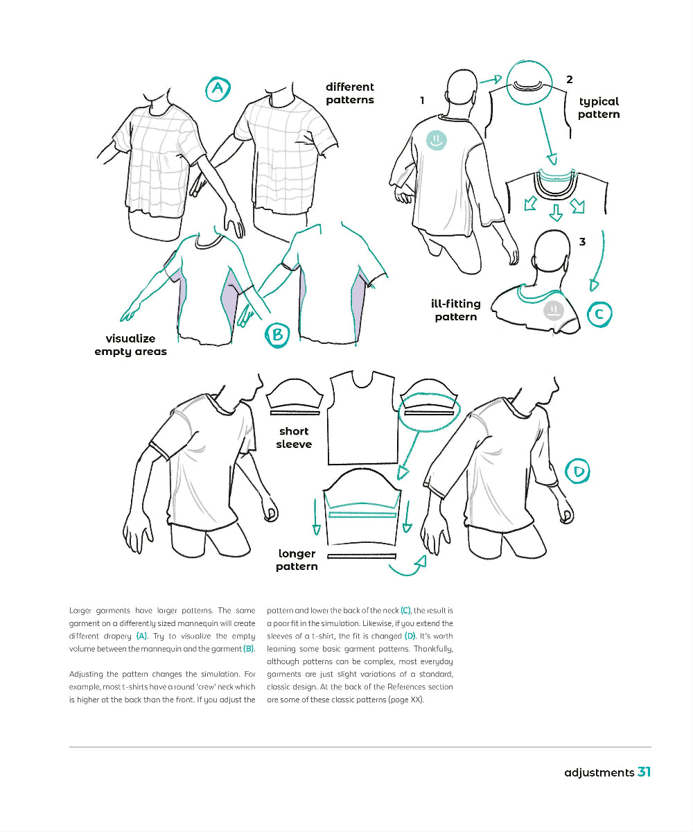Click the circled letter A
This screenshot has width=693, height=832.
coord(218,89)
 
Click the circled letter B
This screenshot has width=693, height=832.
coord(277,336)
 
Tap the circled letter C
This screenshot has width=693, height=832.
coord(599,315)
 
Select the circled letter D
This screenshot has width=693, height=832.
coord(579,473)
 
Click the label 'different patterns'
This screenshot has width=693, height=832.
coord(350,94)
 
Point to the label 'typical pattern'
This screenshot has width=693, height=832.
coord(599,107)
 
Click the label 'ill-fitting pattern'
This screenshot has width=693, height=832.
coord(455,311)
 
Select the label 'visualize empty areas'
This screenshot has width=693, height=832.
coord(130,345)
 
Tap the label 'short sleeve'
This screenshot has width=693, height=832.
coord(294,437)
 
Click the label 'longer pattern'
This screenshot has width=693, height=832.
coord(297,560)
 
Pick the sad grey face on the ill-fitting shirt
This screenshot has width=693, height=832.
coord(552,309)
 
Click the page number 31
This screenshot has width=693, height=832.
coord(644,772)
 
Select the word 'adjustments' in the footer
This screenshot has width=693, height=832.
coord(599,772)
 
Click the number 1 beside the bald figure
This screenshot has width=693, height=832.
coord(422,101)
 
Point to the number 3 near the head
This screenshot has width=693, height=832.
coord(582,242)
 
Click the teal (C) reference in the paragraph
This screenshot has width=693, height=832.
coord(405,610)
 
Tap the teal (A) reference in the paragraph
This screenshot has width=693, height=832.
coord(141,636)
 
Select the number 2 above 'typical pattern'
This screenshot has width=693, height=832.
coord(570,80)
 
